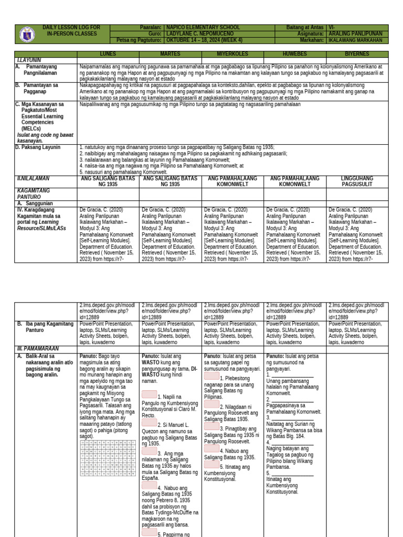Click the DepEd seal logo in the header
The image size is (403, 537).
click(x=28, y=34)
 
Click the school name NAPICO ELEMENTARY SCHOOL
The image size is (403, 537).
click(x=203, y=27)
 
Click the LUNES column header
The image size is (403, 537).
click(x=108, y=54)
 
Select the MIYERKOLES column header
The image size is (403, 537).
click(x=232, y=54)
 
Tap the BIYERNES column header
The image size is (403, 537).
click(x=357, y=54)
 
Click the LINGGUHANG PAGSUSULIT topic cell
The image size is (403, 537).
click(x=357, y=181)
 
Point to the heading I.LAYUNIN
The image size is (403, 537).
click(x=29, y=60)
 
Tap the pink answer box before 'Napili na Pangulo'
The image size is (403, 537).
click(x=149, y=394)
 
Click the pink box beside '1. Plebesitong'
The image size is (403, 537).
click(x=211, y=376)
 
